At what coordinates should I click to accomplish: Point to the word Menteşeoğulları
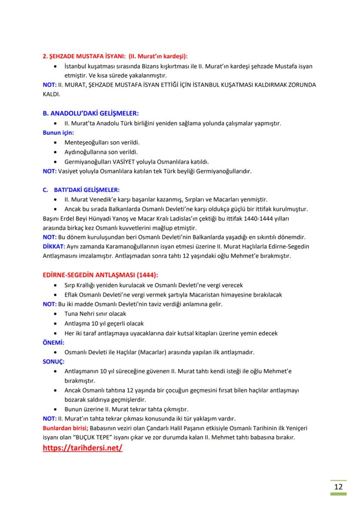click(86, 142)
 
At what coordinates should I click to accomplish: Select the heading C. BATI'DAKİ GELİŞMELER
click(81, 190)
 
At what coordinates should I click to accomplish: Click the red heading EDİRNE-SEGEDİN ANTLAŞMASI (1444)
click(100, 275)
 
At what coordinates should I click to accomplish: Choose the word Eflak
click(72, 294)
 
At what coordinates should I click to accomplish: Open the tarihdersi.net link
click(83, 448)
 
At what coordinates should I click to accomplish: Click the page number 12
click(338, 486)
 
